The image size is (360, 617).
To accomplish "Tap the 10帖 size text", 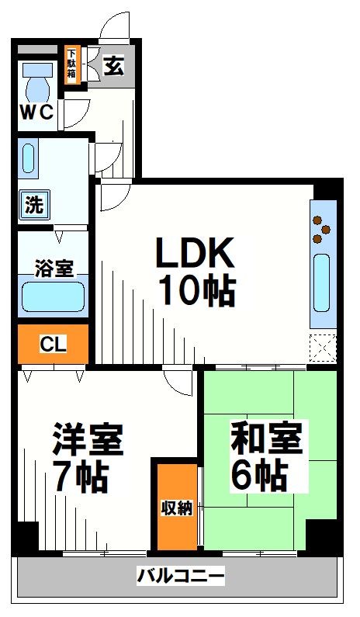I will tap(197, 291).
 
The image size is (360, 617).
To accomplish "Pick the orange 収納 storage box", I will tap(177, 508).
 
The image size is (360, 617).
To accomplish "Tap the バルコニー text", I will tap(181, 577).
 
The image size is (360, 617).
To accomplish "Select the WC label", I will tap(36, 113).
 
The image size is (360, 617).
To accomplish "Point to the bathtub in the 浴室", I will tap(53, 296).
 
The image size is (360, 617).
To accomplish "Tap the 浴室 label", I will tap(54, 269).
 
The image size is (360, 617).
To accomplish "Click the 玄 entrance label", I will tap(113, 66).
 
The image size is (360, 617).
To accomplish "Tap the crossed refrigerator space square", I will tap(322, 347).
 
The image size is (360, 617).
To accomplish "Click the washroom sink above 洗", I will tap(29, 158).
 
